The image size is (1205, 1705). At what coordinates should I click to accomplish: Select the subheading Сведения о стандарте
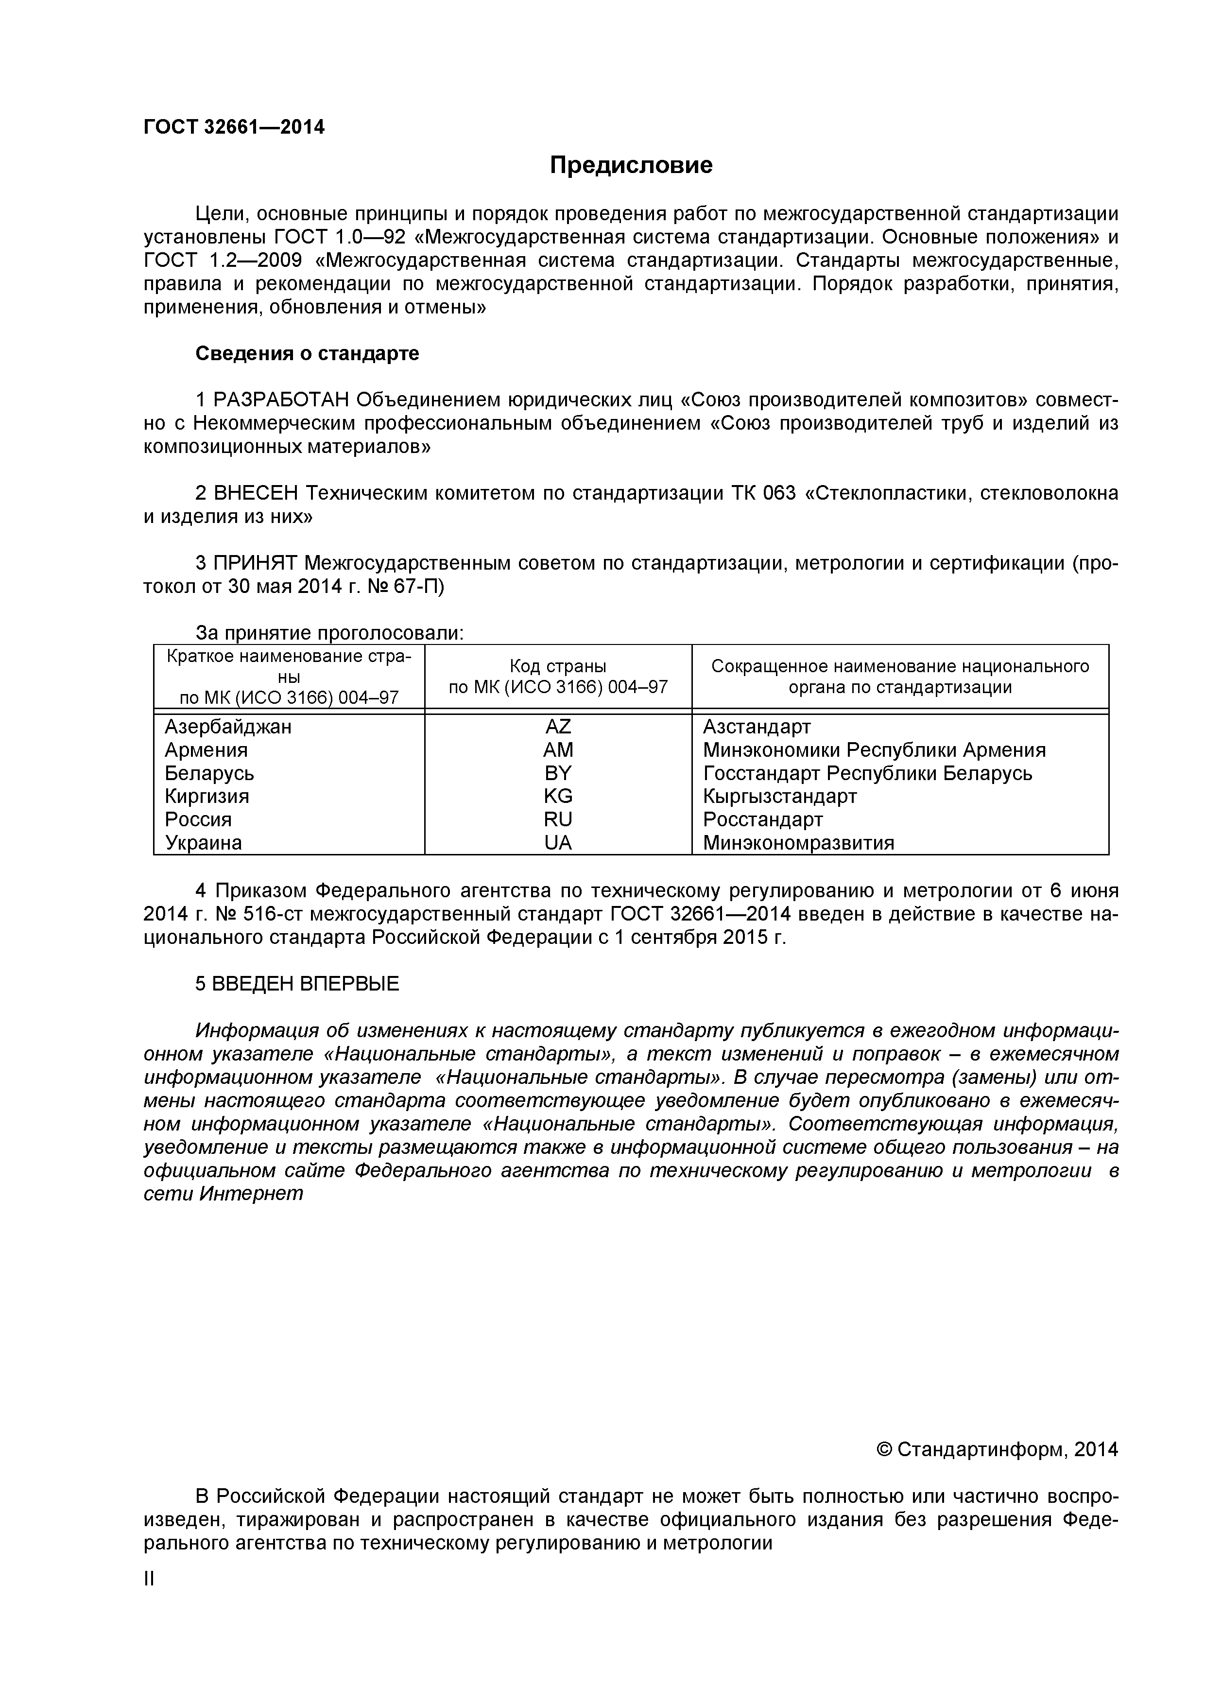point(307,353)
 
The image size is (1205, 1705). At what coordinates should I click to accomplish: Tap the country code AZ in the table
point(558,726)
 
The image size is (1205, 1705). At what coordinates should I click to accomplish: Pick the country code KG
point(558,796)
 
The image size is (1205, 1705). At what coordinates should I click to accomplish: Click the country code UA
point(558,843)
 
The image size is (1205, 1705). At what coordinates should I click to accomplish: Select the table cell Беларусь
point(209,773)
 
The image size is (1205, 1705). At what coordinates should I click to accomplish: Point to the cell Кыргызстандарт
point(779,796)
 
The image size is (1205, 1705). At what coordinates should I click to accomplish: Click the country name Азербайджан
point(228,726)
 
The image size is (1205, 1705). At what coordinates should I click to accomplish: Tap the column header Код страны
point(558,666)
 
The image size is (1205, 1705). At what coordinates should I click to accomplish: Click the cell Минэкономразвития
point(798,843)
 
